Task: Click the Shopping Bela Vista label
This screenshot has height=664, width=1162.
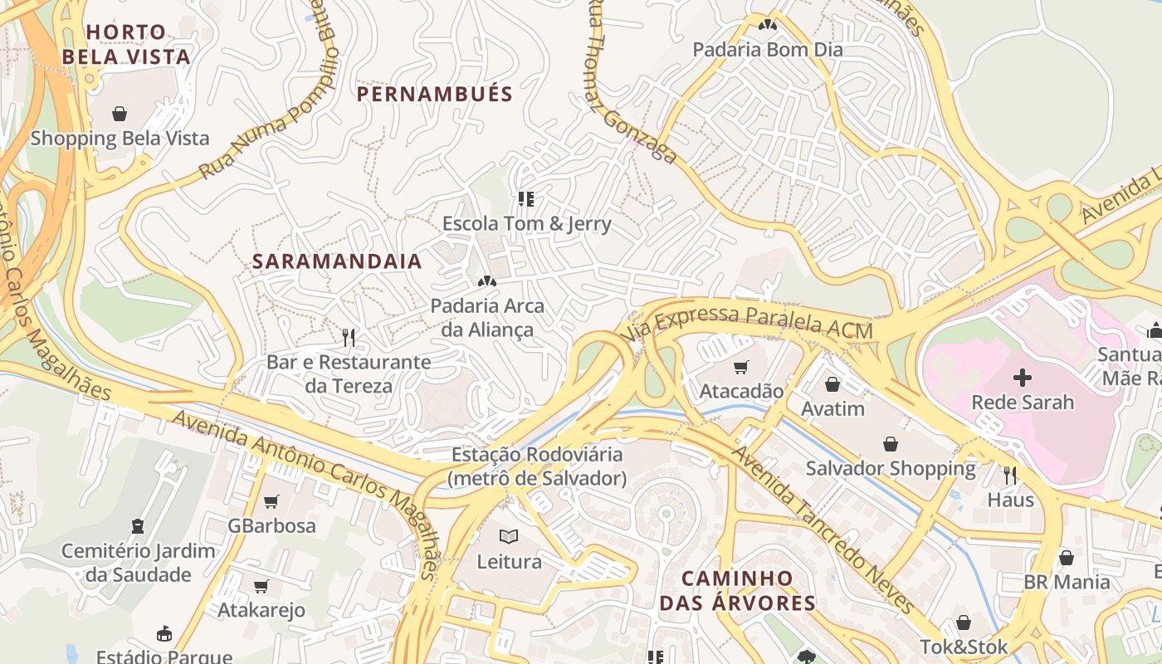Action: point(120,138)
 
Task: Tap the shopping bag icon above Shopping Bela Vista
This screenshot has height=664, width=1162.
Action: point(120,113)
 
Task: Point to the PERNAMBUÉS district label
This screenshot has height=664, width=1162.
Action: point(435,94)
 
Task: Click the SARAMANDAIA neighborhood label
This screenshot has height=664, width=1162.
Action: point(337,261)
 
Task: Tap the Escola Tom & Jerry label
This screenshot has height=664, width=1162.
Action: point(526,223)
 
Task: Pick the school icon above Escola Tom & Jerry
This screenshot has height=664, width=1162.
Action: point(525,199)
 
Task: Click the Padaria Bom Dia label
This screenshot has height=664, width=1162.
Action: point(768,49)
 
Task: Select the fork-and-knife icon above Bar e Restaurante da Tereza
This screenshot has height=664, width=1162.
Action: point(349,337)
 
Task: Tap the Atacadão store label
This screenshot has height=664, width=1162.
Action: point(741,390)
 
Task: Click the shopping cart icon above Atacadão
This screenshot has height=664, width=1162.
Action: point(741,367)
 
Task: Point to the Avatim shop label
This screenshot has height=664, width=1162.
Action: point(832,408)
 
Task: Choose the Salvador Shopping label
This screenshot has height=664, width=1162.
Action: point(891,468)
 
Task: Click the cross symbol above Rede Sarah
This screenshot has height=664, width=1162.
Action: point(1023,378)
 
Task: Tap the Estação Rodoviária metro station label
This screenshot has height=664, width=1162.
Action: point(537,466)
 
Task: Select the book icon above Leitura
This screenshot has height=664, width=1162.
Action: point(509,537)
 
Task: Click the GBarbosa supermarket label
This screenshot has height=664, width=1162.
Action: point(271,525)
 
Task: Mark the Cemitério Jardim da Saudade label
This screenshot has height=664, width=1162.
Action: point(138,562)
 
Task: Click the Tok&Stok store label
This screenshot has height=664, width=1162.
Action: point(964,646)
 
